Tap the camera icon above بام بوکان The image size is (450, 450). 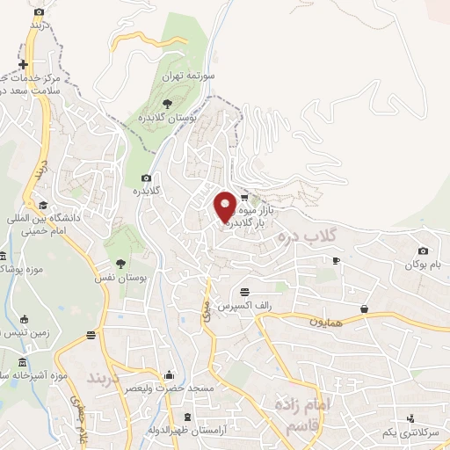(x=423, y=251)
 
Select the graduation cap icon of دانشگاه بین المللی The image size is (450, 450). (x=43, y=205)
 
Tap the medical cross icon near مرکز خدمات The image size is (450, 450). (x=22, y=65)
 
